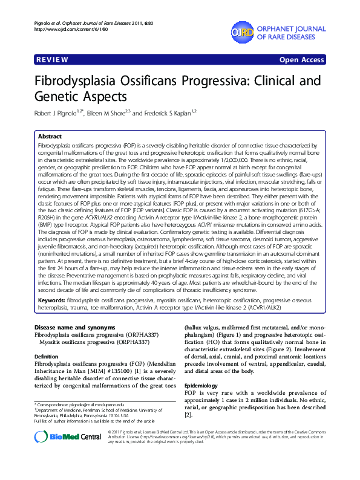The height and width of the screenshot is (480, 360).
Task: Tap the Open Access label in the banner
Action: pos(301,60)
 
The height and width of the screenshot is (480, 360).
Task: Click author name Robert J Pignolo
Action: pos(63,113)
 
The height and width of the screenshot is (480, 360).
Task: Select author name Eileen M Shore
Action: pos(107,113)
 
